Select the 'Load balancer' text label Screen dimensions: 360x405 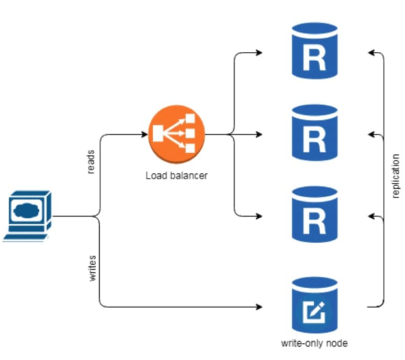point(176,175)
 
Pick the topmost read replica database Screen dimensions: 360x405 point(314,52)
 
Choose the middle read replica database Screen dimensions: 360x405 point(314,134)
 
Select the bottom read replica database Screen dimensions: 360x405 point(314,216)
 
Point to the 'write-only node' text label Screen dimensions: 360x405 point(314,344)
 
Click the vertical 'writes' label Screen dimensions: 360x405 point(93,268)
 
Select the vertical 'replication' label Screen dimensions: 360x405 point(396,176)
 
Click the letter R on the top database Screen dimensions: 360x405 point(314,59)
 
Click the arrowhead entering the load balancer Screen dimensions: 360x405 point(145,134)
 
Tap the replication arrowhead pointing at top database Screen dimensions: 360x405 point(371,52)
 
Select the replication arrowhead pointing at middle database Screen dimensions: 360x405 point(371,134)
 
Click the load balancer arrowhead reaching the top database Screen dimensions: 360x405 point(258,52)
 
